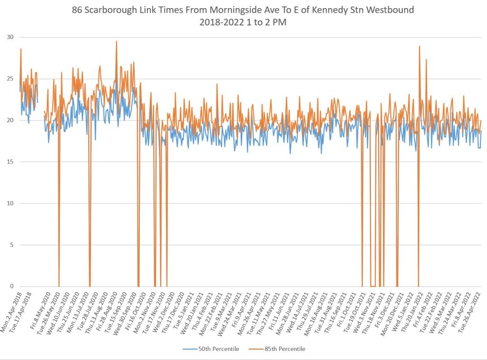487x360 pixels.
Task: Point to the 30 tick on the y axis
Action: click(10, 37)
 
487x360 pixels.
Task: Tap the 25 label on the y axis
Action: click(10, 79)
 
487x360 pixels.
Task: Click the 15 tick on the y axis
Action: click(10, 162)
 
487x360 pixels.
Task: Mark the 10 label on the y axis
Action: click(10, 204)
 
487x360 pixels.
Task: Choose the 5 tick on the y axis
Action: click(11, 245)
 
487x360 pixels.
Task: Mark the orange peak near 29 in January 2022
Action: click(419, 47)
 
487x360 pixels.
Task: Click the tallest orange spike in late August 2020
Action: click(116, 41)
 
